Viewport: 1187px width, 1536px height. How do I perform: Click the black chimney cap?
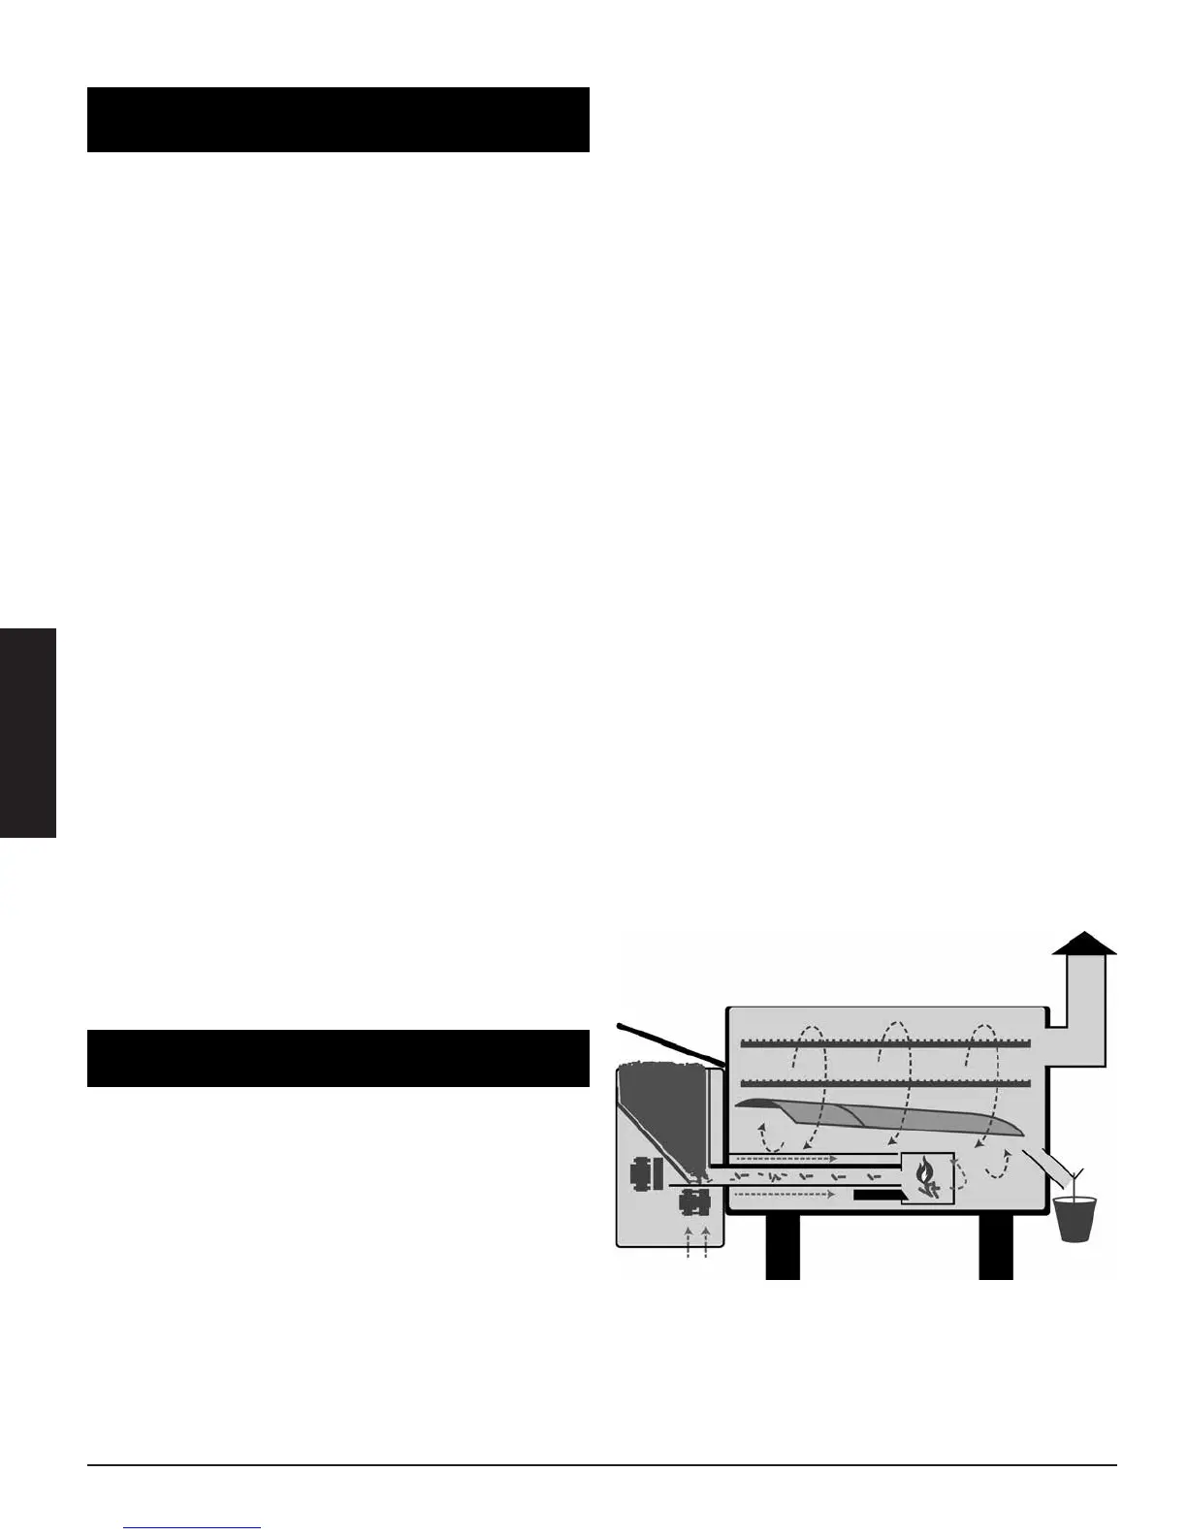tap(1084, 944)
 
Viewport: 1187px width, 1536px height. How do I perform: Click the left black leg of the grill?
tap(782, 1245)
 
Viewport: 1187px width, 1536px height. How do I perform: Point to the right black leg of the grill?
tap(995, 1245)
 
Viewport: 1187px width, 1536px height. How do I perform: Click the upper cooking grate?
tap(883, 1043)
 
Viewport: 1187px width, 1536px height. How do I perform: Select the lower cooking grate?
tap(883, 1082)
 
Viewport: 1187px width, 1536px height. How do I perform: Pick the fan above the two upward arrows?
tap(695, 1203)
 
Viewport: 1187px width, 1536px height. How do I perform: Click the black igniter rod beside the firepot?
tap(878, 1196)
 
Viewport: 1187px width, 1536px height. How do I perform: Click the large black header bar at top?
tap(337, 119)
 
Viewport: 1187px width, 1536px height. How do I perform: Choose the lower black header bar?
tap(337, 1058)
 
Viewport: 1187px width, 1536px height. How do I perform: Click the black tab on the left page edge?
tap(28, 733)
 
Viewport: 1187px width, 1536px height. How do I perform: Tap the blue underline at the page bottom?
tap(193, 1527)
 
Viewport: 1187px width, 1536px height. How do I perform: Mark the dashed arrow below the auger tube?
tap(785, 1195)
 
